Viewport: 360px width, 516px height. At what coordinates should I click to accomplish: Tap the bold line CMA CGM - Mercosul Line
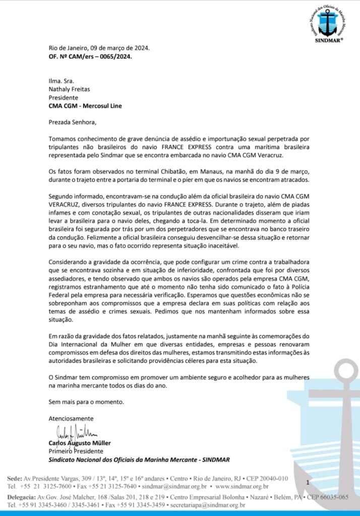[x=85, y=105]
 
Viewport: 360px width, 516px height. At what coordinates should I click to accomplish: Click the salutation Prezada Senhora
[x=72, y=121]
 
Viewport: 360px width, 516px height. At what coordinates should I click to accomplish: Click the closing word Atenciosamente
[x=71, y=419]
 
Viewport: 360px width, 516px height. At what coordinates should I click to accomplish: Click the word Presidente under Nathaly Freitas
[x=64, y=97]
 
